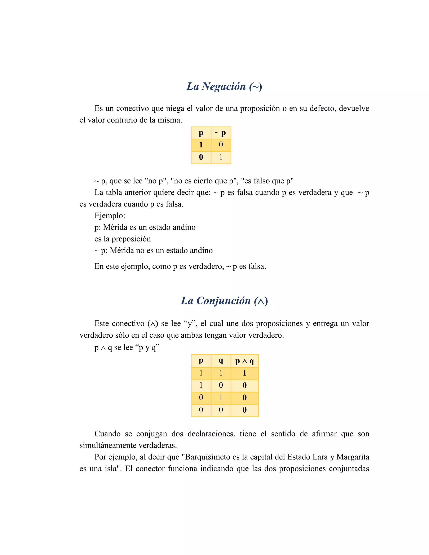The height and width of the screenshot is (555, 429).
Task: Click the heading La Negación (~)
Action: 224,86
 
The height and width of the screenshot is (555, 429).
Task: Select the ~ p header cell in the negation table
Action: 221,133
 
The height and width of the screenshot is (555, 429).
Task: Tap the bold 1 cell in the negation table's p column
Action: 201,145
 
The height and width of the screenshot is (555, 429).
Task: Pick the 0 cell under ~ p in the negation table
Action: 221,145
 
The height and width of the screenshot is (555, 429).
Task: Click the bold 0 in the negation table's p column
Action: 201,157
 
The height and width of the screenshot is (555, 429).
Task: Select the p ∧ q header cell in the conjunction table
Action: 244,361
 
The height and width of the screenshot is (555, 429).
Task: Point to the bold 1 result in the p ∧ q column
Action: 244,373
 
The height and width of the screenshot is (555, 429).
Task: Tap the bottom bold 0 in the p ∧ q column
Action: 244,410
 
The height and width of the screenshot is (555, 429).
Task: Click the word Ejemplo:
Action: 110,216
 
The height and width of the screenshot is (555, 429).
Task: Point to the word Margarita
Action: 353,457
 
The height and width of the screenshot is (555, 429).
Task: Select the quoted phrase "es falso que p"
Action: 267,181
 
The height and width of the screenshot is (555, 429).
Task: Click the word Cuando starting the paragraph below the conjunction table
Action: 107,434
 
